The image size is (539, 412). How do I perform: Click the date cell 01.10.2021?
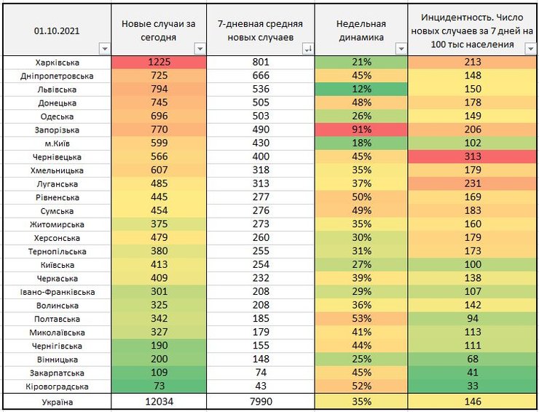[x=57, y=31]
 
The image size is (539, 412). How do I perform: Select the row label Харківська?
[x=57, y=63]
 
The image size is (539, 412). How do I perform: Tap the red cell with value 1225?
[x=158, y=63]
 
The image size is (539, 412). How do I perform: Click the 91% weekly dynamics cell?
[x=360, y=130]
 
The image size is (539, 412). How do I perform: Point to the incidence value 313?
[x=471, y=157]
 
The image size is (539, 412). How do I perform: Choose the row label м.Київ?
[x=57, y=143]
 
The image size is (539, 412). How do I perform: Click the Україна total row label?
[x=57, y=401]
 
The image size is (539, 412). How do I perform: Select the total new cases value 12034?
[x=158, y=401]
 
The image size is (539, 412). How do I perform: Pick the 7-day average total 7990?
[x=260, y=401]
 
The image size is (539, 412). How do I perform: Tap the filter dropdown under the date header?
[x=103, y=49]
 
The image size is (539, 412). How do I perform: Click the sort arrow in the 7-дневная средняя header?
[x=307, y=49]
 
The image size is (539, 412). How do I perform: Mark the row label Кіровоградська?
[x=57, y=386]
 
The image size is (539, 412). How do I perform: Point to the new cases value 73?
[x=158, y=386]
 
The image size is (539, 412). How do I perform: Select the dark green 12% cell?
[x=360, y=90]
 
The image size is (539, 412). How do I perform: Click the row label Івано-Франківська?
[x=57, y=292]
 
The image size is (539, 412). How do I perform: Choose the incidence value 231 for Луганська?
[x=471, y=183]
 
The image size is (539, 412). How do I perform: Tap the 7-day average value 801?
[x=260, y=63]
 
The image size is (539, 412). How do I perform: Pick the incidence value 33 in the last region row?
[x=471, y=386]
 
